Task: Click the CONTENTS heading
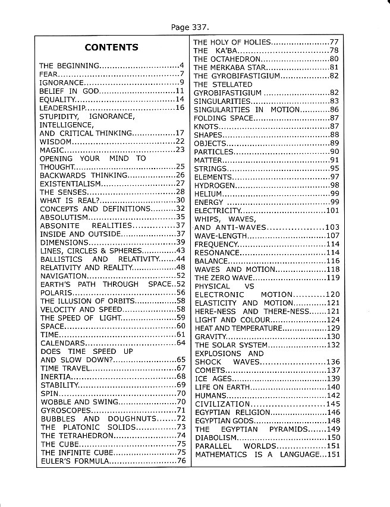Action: pos(111,47)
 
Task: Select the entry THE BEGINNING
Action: pos(63,65)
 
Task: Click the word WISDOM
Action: pos(56,142)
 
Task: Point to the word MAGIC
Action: pos(51,151)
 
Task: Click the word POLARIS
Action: pos(55,293)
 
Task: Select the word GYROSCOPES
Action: pos(65,410)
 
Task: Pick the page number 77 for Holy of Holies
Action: pos(334,42)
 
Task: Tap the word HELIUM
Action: pos(207,194)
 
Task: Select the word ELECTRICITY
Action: pos(217,211)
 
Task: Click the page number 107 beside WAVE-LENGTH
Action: pos(332,236)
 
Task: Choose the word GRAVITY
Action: pos(210,337)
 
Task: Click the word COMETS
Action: pos(209,370)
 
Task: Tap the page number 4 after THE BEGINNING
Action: pos(181,65)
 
